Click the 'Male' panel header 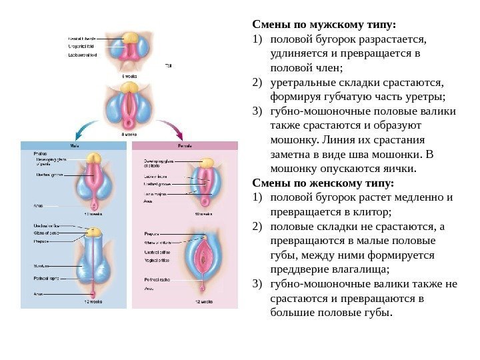pyautogui.click(x=73, y=145)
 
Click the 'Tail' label pyautogui.click(x=167, y=65)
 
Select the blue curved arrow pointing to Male pyautogui.click(x=87, y=127)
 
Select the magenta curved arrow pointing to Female pyautogui.click(x=175, y=127)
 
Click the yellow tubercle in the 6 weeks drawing pyautogui.click(x=130, y=36)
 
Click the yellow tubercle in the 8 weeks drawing pyautogui.click(x=131, y=87)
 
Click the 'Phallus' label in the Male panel pyautogui.click(x=40, y=153)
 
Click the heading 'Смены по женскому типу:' pyautogui.click(x=323, y=183)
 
